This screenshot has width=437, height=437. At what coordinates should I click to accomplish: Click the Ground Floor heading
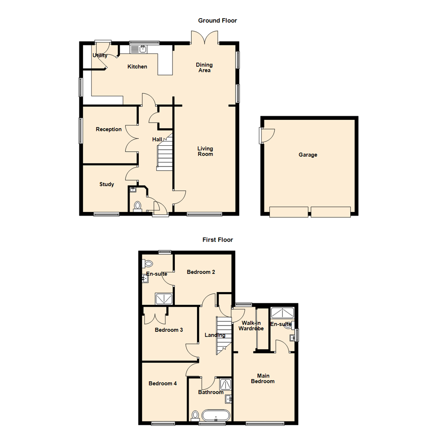coord(217,20)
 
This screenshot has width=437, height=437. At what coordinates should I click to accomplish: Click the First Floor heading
coord(218,240)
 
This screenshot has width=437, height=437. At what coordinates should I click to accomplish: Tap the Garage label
coord(308,155)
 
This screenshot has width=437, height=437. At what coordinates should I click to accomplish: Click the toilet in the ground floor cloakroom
coord(137,206)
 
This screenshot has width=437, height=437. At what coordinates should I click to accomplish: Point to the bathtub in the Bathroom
coord(216,416)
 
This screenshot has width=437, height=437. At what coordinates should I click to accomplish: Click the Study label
coord(107,184)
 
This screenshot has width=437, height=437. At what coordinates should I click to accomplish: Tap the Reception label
coord(108,129)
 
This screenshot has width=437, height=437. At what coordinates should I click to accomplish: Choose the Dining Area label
coord(204,68)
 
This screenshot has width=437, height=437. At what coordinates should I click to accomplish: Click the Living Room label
coord(205,151)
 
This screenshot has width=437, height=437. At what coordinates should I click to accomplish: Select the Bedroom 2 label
coord(201,272)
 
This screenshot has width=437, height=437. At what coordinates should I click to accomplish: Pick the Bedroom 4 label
coord(162,384)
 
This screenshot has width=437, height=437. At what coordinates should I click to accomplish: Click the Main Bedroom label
coord(263,378)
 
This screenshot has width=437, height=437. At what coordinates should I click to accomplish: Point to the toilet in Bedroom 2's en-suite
coord(148,263)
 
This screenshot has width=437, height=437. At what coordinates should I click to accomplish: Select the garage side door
coord(267,135)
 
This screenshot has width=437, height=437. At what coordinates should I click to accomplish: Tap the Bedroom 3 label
coord(169,330)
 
